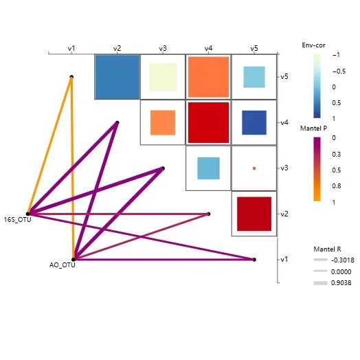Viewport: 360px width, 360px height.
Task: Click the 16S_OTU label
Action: pyautogui.click(x=17, y=220)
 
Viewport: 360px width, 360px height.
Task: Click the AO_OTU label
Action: pyautogui.click(x=63, y=265)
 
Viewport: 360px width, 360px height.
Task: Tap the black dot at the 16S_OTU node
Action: pyautogui.click(x=28, y=214)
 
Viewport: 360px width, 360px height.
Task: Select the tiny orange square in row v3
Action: pyautogui.click(x=254, y=168)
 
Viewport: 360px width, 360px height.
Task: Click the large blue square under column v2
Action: pyautogui.click(x=117, y=77)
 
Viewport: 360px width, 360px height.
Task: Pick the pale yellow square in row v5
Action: pyautogui.click(x=163, y=77)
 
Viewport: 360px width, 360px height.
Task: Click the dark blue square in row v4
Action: pyautogui.click(x=254, y=122)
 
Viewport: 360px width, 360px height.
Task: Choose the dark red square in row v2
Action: pyautogui.click(x=254, y=214)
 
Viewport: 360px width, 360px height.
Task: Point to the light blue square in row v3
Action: pyautogui.click(x=208, y=168)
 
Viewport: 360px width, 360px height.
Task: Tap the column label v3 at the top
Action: pyautogui.click(x=163, y=49)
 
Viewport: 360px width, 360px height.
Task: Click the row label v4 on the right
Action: pyautogui.click(x=284, y=122)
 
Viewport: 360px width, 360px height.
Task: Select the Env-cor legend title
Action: pyautogui.click(x=313, y=45)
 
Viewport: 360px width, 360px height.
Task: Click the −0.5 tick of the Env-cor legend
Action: pyautogui.click(x=339, y=71)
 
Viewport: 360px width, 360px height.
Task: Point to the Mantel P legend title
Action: pyautogui.click(x=313, y=128)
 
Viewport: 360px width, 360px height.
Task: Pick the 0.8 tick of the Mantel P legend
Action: pyautogui.click(x=337, y=186)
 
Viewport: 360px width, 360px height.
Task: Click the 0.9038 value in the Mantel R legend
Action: pyautogui.click(x=341, y=283)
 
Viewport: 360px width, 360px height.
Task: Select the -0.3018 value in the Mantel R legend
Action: pyautogui.click(x=343, y=260)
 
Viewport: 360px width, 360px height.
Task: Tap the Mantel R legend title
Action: pyautogui.click(x=327, y=249)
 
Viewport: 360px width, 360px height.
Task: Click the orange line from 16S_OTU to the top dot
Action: pyautogui.click(x=50, y=146)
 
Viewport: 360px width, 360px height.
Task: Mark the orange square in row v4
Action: pyautogui.click(x=163, y=122)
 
